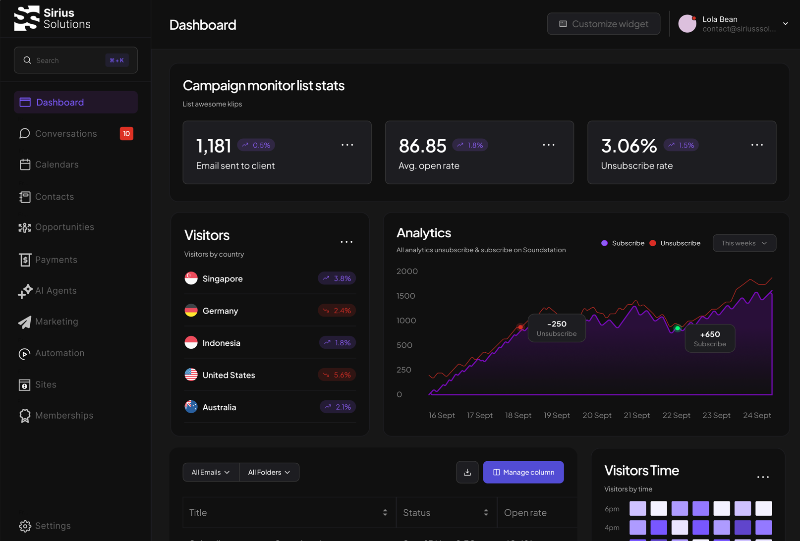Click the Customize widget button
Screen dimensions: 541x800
pyautogui.click(x=603, y=24)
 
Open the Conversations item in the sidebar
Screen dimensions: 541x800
pyautogui.click(x=66, y=133)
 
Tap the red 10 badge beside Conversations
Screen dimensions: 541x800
pyautogui.click(x=126, y=133)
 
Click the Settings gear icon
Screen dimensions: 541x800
pyautogui.click(x=25, y=526)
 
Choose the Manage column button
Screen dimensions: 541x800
pyautogui.click(x=523, y=472)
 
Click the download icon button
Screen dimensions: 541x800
pyautogui.click(x=467, y=472)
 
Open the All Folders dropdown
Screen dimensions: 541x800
pyautogui.click(x=269, y=472)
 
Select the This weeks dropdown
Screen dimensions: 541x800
pyautogui.click(x=744, y=243)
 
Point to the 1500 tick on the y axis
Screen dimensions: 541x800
pyautogui.click(x=406, y=296)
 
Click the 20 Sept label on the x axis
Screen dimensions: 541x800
pyautogui.click(x=597, y=415)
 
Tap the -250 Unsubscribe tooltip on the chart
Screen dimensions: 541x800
pyautogui.click(x=557, y=328)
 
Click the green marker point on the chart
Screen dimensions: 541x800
pyautogui.click(x=678, y=328)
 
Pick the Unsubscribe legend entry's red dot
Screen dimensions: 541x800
pyautogui.click(x=653, y=243)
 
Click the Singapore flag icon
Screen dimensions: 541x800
pyautogui.click(x=191, y=278)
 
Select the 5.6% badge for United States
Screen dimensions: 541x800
pyautogui.click(x=337, y=375)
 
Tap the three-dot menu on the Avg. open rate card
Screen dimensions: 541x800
pyautogui.click(x=549, y=145)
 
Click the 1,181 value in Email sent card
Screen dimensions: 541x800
pyautogui.click(x=214, y=146)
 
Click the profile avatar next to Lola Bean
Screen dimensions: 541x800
pyautogui.click(x=687, y=24)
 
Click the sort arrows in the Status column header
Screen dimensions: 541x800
pyautogui.click(x=486, y=513)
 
